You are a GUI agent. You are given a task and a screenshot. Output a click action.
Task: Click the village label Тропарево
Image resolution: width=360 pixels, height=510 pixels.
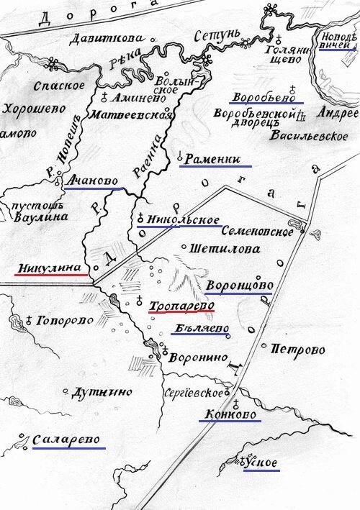(x=181, y=306)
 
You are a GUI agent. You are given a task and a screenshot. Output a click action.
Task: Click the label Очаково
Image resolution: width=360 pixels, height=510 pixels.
(x=93, y=182)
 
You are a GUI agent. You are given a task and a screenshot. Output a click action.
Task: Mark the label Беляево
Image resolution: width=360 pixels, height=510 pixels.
(x=202, y=329)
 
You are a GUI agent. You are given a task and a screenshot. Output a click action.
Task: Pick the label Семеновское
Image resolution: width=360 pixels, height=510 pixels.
(x=257, y=232)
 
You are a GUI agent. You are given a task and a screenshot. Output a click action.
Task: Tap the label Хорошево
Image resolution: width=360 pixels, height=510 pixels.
(x=34, y=109)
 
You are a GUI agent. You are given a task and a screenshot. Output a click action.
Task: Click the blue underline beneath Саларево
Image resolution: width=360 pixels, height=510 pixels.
(x=69, y=449)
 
